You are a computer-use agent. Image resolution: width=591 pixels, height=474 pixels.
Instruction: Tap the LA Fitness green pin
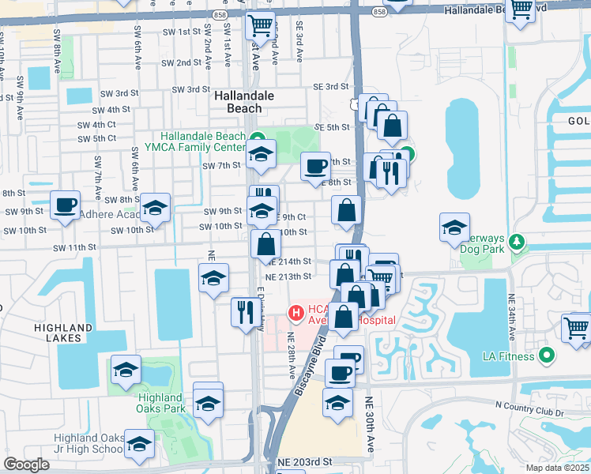[x=544, y=356]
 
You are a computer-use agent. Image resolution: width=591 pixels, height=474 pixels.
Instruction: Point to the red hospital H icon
[x=296, y=314]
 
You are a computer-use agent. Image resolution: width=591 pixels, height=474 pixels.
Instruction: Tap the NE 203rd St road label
[x=303, y=461]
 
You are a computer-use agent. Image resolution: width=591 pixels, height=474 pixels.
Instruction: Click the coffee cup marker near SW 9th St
[x=65, y=205]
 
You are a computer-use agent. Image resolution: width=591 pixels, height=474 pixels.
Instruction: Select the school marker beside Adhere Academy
[x=156, y=209]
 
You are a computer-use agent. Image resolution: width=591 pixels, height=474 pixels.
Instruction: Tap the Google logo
[x=27, y=465]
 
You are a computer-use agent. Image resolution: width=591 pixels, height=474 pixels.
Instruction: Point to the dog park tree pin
[x=518, y=241]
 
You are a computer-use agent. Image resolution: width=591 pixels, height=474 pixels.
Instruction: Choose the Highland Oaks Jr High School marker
[x=140, y=446]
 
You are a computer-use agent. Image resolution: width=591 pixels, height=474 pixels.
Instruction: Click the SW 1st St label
[x=180, y=32]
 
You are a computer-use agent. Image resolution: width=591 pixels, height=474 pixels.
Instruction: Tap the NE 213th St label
[x=290, y=276]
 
